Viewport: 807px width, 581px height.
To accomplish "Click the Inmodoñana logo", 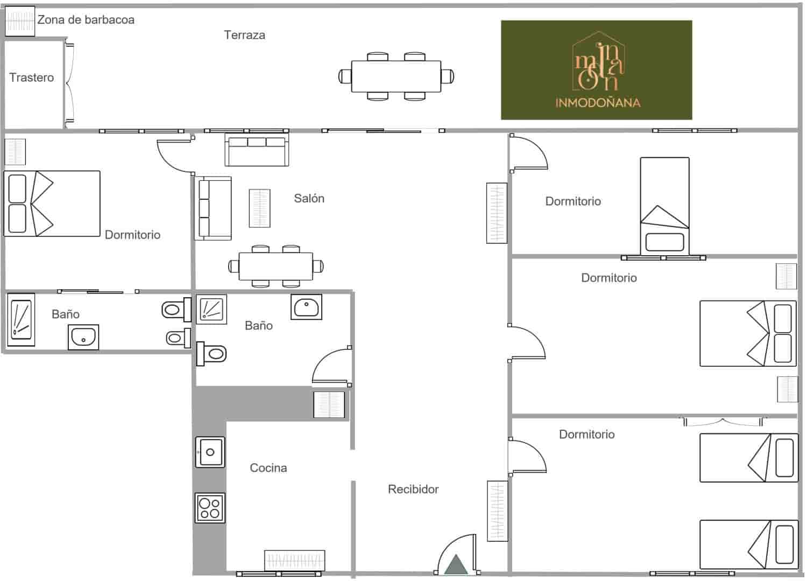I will pos(596,70).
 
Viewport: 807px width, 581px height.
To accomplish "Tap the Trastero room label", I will pos(32,78).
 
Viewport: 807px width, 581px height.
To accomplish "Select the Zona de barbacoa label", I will pos(86,20).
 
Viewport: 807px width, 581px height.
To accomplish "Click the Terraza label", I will pos(244,35).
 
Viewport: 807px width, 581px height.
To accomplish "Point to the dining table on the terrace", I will pos(396,76).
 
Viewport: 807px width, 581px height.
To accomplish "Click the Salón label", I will pos(309,198).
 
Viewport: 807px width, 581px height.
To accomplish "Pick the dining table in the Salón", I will pos(276,266).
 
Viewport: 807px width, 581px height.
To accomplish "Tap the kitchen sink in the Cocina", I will pos(210,452).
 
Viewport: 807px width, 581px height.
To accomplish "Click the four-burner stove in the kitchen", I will pos(210,507).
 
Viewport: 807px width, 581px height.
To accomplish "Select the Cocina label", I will pos(268,468).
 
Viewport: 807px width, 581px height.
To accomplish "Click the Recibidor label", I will pos(413,489).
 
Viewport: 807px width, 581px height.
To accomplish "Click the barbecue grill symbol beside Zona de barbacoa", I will pos(19,22).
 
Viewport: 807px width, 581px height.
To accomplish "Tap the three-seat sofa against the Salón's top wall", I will pos(257,151).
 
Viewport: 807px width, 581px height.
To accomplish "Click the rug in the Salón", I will pos(259,208).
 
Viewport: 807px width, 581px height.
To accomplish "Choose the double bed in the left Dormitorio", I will pos(52,204).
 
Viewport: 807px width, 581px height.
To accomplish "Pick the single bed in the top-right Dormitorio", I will pos(664,206).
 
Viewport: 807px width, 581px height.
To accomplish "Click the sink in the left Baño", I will pos(83,338).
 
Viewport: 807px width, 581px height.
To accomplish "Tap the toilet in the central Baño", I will pos(212,353).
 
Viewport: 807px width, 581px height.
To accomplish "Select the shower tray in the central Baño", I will pos(210,309).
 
